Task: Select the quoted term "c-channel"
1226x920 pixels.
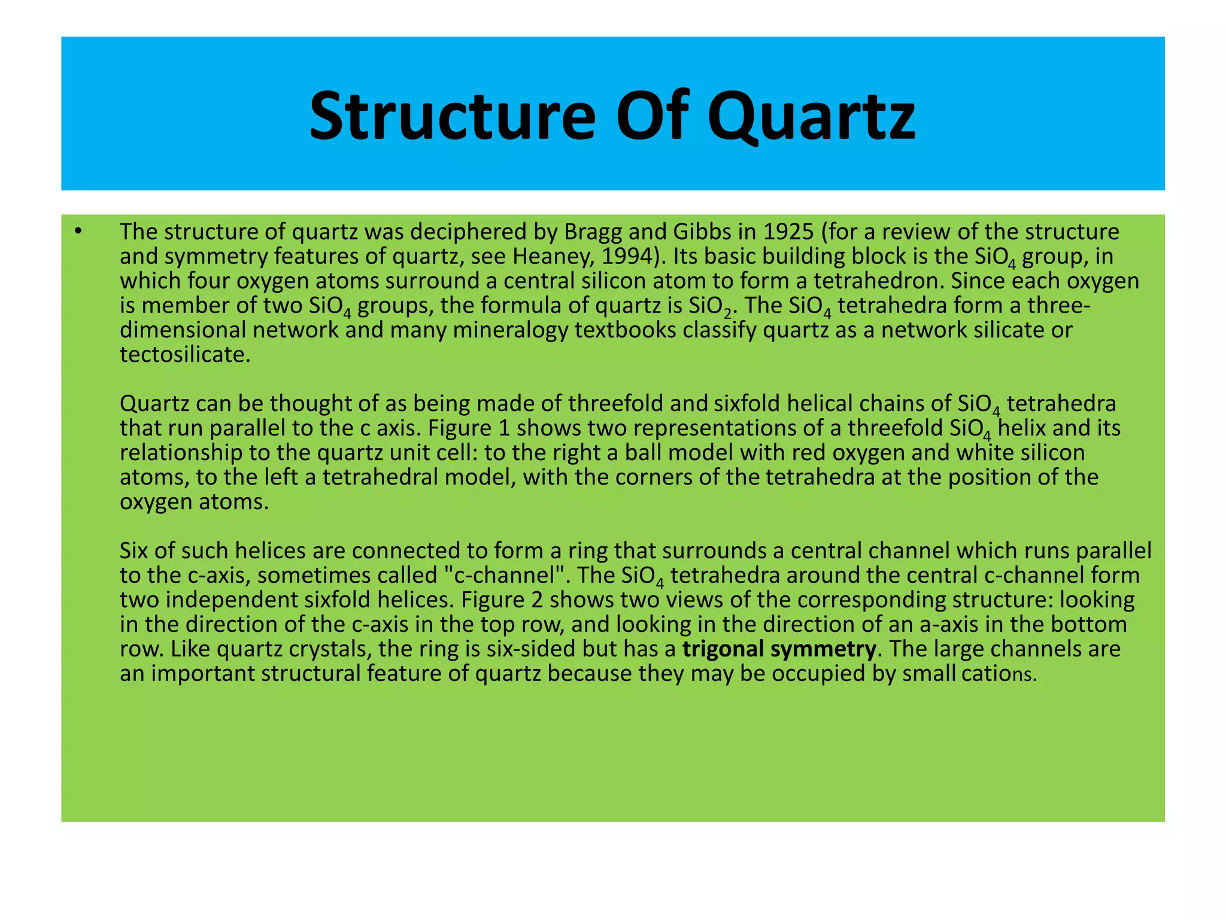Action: pyautogui.click(x=506, y=576)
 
